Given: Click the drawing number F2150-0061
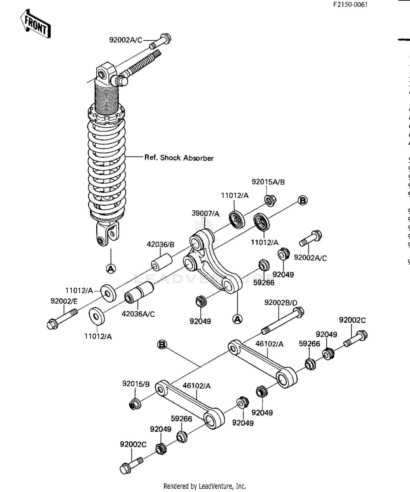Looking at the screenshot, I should click(x=350, y=5).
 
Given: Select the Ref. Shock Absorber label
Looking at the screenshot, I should click(x=179, y=158).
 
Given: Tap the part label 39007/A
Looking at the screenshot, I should click(x=205, y=213).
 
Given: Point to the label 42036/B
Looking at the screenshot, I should click(x=160, y=244).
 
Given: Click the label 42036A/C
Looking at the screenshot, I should click(x=138, y=314).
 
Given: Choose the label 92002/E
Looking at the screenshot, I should click(x=64, y=301).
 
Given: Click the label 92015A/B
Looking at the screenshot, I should click(x=268, y=182).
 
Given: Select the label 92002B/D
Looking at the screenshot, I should click(x=280, y=303).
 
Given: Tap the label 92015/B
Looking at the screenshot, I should click(x=136, y=384).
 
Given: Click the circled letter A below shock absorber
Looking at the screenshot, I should click(x=111, y=269).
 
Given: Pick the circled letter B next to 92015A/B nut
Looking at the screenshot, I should click(x=302, y=200).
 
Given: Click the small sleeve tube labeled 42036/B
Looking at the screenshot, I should click(x=162, y=262).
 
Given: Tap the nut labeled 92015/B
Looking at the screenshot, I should click(x=135, y=404).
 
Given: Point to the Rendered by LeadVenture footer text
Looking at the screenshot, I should click(x=204, y=486).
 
